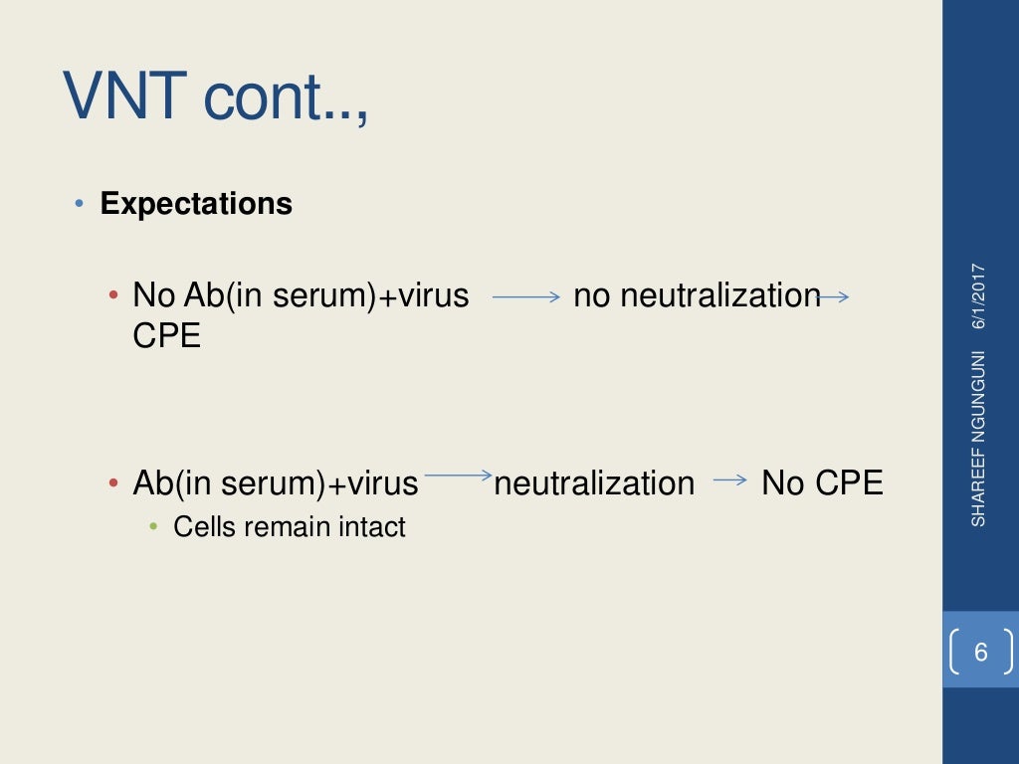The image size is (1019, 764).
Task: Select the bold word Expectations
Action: tap(196, 204)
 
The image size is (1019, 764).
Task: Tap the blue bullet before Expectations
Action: tap(80, 204)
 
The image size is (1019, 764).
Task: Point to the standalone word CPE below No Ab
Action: tap(167, 336)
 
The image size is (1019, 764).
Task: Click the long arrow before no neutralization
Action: tap(526, 296)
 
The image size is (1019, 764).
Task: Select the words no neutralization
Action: tap(696, 295)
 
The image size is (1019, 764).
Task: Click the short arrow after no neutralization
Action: tap(832, 295)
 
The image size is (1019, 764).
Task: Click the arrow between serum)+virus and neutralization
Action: tap(458, 477)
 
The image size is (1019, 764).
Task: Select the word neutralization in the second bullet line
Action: tap(594, 483)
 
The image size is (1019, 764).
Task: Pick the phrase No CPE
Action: tap(822, 483)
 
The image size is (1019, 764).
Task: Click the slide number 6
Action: tap(981, 653)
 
